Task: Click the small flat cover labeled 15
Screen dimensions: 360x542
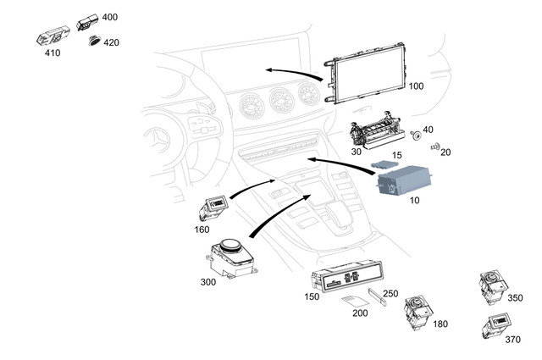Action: (386, 159)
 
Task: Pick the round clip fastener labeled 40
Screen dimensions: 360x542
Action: (416, 136)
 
